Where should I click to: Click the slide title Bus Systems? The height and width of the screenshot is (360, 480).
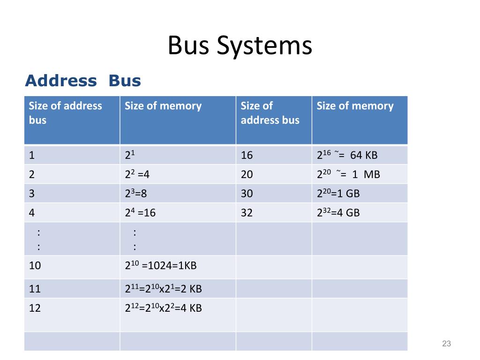tap(240, 46)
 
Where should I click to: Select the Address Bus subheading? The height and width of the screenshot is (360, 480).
tap(83, 81)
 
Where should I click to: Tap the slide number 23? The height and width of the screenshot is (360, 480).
tap(446, 345)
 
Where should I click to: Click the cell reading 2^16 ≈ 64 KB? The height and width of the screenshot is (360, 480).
tap(347, 156)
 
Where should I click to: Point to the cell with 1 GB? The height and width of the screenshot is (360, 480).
tap(338, 194)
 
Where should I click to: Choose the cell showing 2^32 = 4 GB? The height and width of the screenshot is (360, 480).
tap(338, 213)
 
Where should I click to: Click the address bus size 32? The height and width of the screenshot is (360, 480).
tap(247, 213)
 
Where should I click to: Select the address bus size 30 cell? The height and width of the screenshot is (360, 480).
tap(247, 194)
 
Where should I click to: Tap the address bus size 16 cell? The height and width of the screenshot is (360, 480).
tap(247, 156)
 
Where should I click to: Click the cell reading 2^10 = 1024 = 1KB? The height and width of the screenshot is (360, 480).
tap(160, 266)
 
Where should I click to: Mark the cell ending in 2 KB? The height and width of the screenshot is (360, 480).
tap(163, 289)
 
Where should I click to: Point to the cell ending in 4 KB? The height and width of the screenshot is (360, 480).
tap(163, 308)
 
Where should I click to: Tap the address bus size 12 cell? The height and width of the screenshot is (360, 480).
tap(35, 308)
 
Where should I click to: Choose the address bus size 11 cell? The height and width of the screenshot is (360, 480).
tap(35, 289)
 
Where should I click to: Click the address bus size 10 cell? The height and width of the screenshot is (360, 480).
tap(35, 266)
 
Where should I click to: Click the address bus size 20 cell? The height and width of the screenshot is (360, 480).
tap(247, 175)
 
